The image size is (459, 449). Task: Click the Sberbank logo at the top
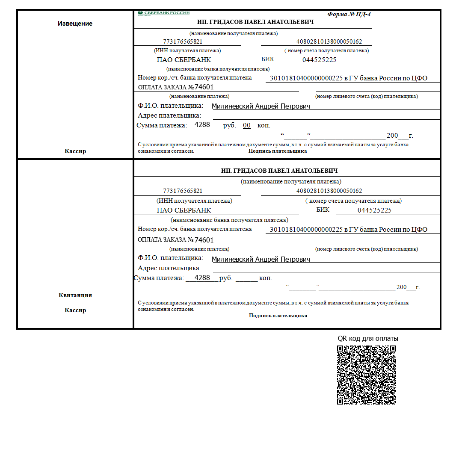(x=163, y=13)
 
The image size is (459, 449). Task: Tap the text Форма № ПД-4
(x=349, y=14)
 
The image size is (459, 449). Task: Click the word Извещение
(x=75, y=24)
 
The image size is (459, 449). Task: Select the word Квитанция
(x=75, y=295)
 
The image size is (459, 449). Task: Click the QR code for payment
(x=366, y=375)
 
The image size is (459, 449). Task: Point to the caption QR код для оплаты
(x=368, y=338)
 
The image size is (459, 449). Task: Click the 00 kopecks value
(x=246, y=125)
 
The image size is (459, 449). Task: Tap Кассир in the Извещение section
(x=75, y=151)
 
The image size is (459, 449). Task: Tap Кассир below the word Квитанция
(x=75, y=310)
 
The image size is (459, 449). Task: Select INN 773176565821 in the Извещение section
(x=183, y=42)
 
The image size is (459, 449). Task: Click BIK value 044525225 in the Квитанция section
(x=374, y=210)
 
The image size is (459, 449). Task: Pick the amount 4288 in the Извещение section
(x=202, y=125)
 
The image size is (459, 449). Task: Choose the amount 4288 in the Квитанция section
(x=202, y=278)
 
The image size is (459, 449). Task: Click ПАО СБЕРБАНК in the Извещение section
(x=184, y=60)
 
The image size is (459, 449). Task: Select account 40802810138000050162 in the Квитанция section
(x=329, y=191)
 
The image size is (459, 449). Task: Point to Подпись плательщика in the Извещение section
(x=278, y=151)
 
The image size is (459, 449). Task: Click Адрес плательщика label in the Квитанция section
(x=169, y=268)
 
